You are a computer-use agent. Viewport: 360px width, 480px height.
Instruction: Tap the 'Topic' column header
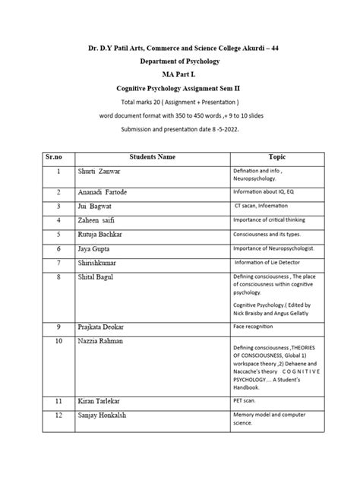(x=277, y=156)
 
